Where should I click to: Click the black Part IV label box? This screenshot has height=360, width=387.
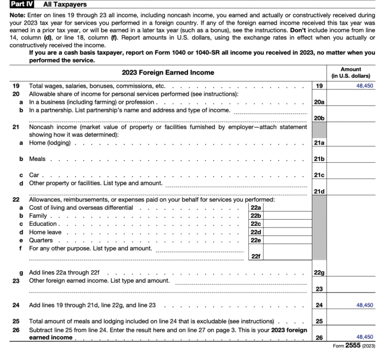(x=21, y=5)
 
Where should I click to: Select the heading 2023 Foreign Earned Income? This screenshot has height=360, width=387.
(x=168, y=72)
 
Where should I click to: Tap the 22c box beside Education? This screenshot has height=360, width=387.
(x=256, y=224)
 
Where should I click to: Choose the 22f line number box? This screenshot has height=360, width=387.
(x=256, y=256)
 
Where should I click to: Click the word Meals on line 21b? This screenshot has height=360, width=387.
(x=37, y=159)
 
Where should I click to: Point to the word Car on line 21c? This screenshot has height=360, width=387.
(x=34, y=175)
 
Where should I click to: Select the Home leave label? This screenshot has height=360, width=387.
(x=45, y=232)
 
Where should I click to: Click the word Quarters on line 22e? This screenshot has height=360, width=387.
(x=41, y=240)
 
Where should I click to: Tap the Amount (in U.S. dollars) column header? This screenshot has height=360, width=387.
(x=351, y=72)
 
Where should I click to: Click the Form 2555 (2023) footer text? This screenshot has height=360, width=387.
(x=354, y=346)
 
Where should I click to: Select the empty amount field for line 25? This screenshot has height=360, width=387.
(x=351, y=321)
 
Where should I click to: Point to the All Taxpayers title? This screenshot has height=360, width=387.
(x=64, y=5)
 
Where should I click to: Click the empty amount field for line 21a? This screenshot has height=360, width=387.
(x=351, y=143)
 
